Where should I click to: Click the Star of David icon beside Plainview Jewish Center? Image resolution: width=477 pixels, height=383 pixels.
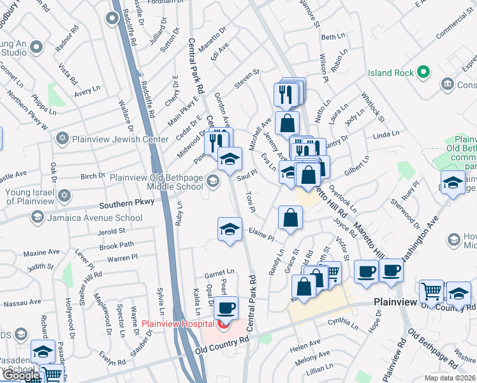click(62, 138)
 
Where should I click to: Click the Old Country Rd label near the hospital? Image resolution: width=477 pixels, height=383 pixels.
click(223, 345)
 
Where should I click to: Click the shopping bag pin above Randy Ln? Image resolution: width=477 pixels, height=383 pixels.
click(290, 218)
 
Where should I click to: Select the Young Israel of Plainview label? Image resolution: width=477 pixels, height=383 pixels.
click(29, 195)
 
